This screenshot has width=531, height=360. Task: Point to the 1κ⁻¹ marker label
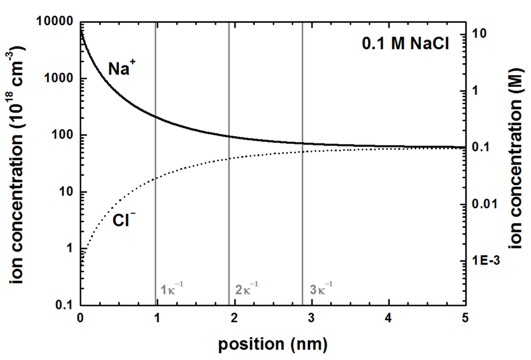click(x=175, y=290)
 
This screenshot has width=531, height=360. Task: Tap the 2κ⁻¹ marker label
click(x=248, y=290)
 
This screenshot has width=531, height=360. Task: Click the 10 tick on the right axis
click(x=484, y=34)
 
